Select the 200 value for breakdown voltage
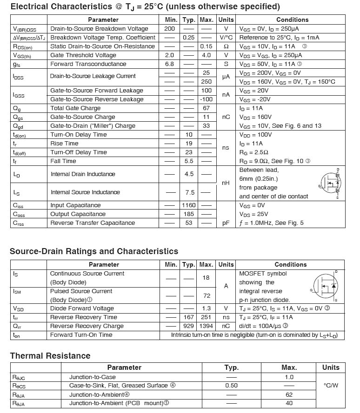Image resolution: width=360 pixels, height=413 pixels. click(170, 29)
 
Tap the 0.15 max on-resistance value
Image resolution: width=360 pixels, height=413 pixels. click(206, 46)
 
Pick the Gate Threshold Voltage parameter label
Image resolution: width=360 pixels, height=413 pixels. click(83, 55)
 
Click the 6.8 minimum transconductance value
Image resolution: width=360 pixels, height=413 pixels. click(170, 64)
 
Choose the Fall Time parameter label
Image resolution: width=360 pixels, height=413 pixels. click(63, 161)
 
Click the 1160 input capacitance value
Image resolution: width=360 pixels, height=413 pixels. click(188, 205)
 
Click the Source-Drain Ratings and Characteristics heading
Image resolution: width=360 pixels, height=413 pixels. click(94, 251)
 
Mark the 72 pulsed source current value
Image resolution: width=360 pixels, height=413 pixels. click(206, 295)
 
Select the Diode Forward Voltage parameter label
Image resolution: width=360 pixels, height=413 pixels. click(82, 308)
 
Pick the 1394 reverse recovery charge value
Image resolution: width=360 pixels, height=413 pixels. click(206, 326)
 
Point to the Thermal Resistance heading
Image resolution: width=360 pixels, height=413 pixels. click(50, 356)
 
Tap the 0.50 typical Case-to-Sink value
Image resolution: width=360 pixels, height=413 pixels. click(231, 386)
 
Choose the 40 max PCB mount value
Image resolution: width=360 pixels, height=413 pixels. click(289, 403)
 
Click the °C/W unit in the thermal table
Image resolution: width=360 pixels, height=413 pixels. click(330, 386)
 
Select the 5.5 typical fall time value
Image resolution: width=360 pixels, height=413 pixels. click(188, 161)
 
